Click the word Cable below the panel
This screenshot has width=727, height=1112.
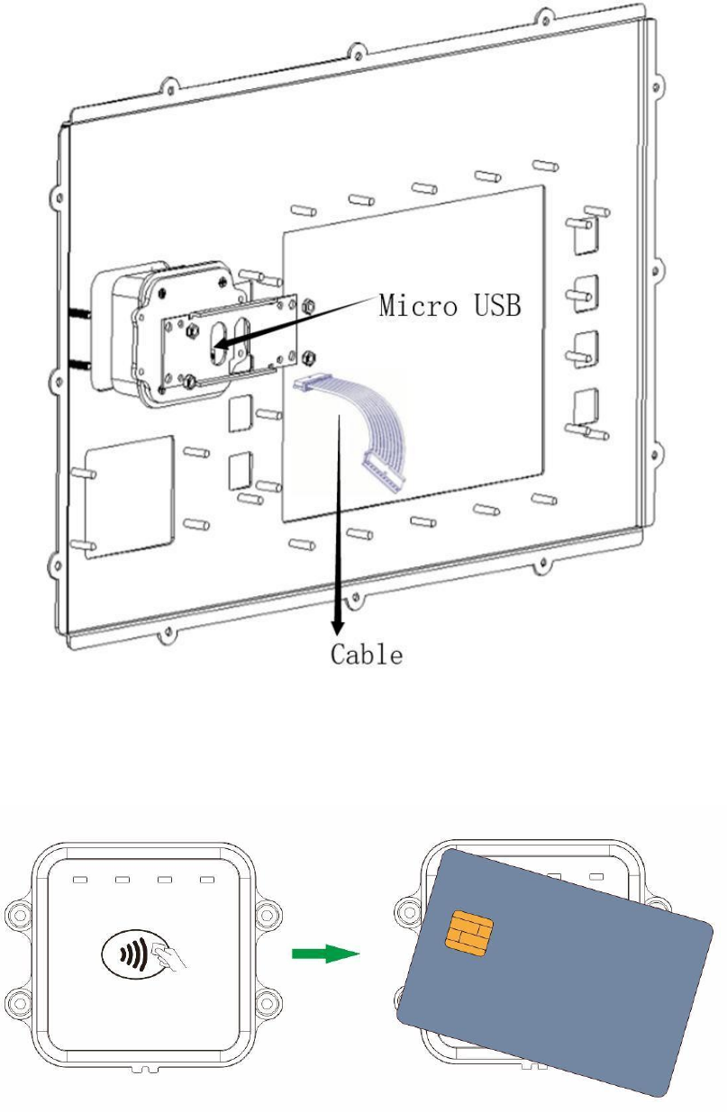click(x=366, y=654)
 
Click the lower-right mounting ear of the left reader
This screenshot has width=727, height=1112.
click(x=267, y=1000)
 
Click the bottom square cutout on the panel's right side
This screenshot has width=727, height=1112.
click(x=586, y=406)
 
